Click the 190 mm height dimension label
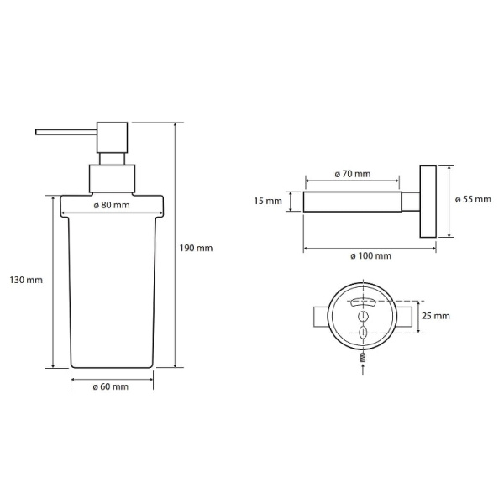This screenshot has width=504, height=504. click(196, 248)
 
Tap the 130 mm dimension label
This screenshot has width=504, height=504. click(26, 280)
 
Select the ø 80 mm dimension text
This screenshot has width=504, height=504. click(112, 205)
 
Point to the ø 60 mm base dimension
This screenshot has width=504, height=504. click(111, 386)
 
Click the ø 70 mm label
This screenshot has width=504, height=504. click(353, 174)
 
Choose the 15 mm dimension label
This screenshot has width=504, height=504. click(268, 202)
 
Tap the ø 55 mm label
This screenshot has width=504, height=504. click(473, 199)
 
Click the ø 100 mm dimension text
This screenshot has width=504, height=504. click(371, 256)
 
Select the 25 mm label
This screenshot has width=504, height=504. click(436, 316)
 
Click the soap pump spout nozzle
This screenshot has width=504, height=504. click(66, 132)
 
